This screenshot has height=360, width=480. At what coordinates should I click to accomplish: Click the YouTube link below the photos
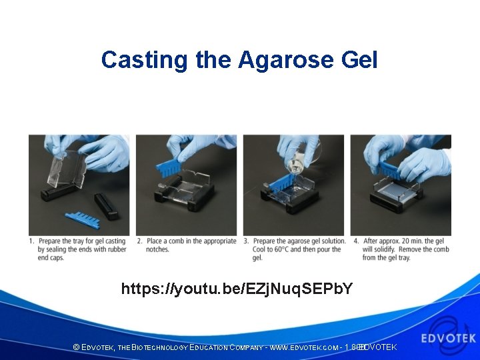237,289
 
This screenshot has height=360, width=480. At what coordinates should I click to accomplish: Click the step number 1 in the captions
31,241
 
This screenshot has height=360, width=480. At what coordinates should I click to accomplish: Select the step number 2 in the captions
139,241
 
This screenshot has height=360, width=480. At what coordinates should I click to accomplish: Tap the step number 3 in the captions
246,241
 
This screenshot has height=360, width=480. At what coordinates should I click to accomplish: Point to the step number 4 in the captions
355,241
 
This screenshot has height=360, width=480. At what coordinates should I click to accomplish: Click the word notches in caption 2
157,250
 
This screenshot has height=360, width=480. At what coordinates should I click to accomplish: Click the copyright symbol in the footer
76,348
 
